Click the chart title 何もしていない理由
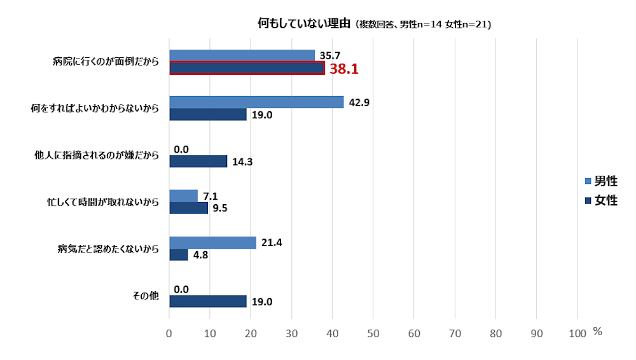304,24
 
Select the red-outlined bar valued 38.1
247,68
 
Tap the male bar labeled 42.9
256,102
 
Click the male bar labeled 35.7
242,56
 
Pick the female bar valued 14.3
198,162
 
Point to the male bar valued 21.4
212,242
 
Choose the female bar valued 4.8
179,254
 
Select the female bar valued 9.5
188,208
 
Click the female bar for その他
207,301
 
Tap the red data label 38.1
343,69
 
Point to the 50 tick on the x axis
373,333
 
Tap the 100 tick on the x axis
577,333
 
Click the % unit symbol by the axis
597,331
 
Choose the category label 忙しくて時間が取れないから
103,202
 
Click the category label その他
146,296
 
